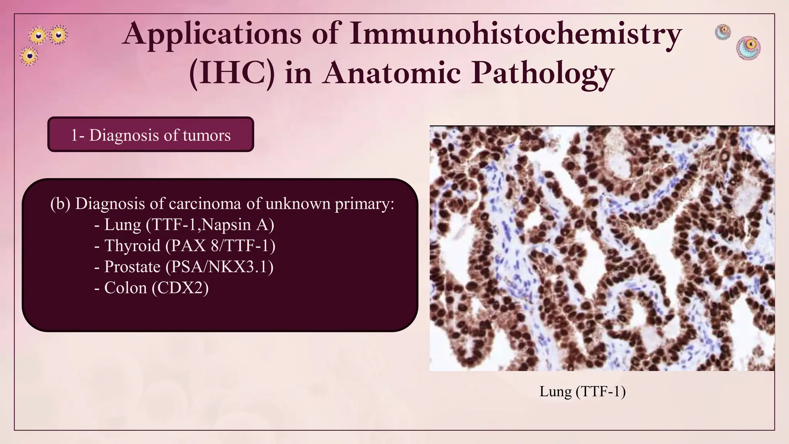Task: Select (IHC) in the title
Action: tap(232, 73)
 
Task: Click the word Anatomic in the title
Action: tap(392, 73)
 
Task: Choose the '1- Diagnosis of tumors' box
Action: tap(151, 135)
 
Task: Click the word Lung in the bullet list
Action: tap(123, 225)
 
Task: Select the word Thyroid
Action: tap(132, 246)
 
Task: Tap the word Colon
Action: tap(125, 288)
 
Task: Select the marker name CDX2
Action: tap(180, 288)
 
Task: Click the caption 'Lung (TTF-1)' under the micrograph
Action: tap(582, 392)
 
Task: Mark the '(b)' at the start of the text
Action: tap(60, 203)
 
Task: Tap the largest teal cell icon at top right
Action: tap(748, 48)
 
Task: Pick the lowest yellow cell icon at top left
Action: tap(29, 57)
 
